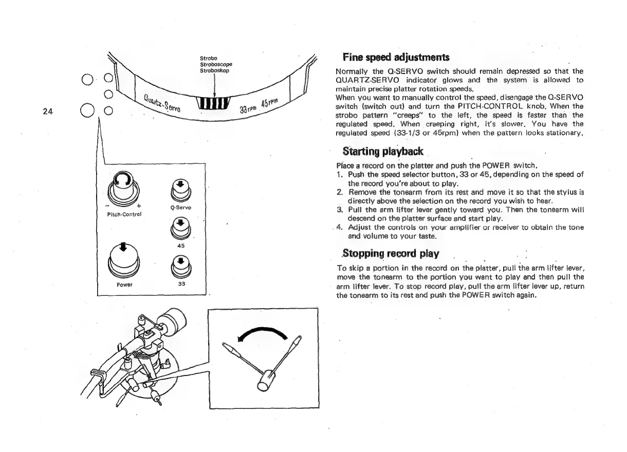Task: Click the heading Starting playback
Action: pyautogui.click(x=382, y=152)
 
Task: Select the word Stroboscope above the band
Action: pyautogui.click(x=214, y=64)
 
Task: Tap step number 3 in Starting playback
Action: pyautogui.click(x=339, y=209)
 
